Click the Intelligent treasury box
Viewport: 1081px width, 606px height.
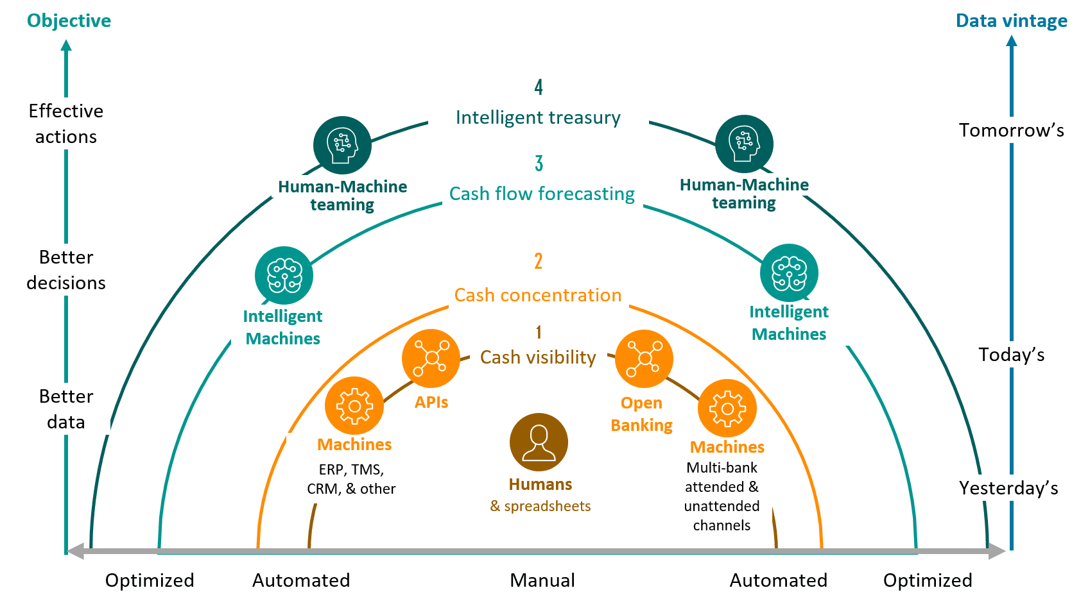point(538,117)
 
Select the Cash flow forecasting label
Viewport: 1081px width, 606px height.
point(542,194)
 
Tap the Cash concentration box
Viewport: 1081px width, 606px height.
point(538,295)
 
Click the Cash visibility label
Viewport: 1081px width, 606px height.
point(538,357)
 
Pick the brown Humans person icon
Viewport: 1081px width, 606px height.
point(539,442)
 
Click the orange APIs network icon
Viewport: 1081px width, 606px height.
point(431,358)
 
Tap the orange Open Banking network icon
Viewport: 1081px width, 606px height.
point(644,358)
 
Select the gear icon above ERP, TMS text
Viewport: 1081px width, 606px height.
point(354,406)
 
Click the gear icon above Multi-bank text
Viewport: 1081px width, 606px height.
point(727,408)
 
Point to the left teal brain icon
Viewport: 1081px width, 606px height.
point(284,276)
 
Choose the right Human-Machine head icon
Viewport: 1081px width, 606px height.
point(744,144)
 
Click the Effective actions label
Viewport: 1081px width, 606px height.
point(66,124)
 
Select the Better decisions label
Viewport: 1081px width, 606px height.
point(66,270)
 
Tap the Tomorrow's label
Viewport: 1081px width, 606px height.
point(1011,130)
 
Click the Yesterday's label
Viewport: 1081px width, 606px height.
point(1008,488)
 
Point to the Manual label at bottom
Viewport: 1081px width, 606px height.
point(542,580)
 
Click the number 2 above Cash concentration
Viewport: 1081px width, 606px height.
point(539,261)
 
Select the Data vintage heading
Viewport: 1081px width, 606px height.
point(1012,21)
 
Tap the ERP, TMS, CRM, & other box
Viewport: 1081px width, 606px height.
point(351,480)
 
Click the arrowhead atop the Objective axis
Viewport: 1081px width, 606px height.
point(65,46)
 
